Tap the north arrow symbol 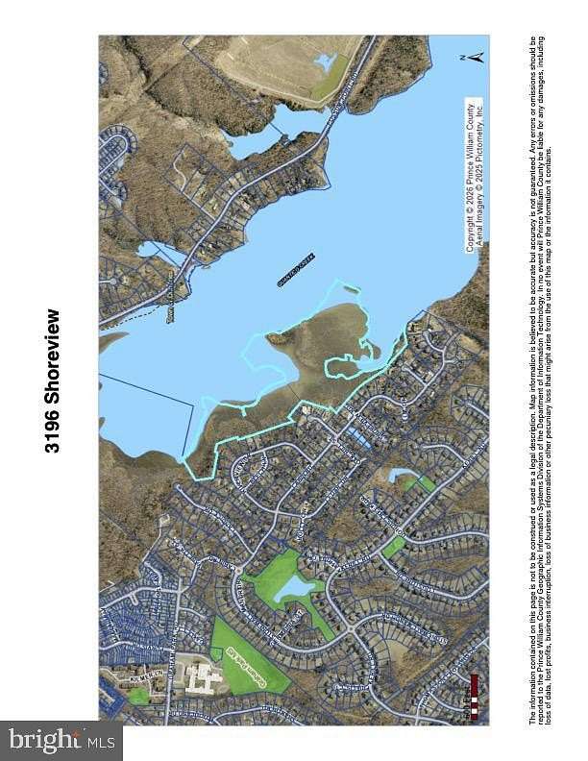(473, 57)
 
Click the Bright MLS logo (61, 740)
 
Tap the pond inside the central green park (288, 588)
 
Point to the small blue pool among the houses (357, 437)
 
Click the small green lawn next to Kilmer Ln (140, 695)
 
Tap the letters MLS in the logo (100, 741)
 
